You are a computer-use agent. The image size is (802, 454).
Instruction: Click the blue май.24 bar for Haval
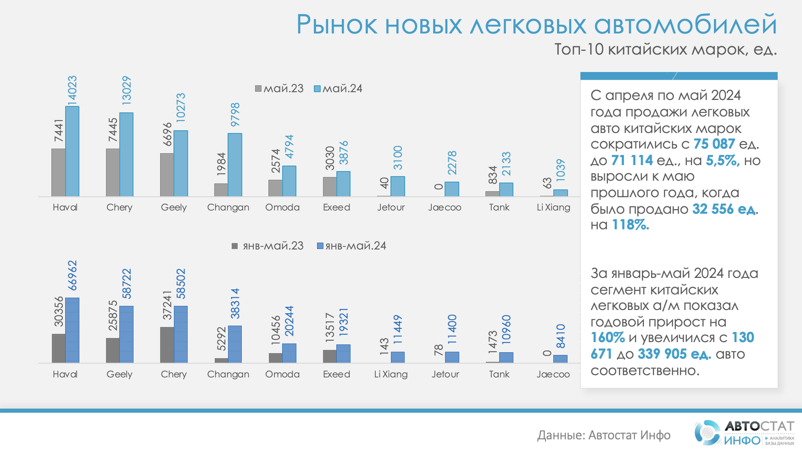pos(72,151)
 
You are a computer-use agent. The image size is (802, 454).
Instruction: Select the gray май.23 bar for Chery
pos(112,172)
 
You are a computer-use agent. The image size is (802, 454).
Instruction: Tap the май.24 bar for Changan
pos(235,165)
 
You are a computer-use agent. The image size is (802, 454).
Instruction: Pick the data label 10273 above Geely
pos(181,107)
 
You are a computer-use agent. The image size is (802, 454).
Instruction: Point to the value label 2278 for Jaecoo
pos(452,162)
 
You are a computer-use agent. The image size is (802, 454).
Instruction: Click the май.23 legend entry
pos(279,89)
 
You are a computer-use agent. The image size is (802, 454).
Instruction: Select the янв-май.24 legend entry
pos(351,246)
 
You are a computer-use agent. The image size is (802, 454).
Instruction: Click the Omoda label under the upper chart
pos(282,207)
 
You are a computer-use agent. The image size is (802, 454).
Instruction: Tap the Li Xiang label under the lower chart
pos(390,374)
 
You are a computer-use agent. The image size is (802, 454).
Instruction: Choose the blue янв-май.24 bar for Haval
pos(72,330)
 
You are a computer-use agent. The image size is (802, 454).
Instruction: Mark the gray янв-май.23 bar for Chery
pos(167,345)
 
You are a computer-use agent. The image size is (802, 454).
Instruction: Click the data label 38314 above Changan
pos(235,304)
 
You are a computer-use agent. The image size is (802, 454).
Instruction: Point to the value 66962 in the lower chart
pos(72,276)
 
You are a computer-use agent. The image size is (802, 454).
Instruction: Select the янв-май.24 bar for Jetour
pos(452,357)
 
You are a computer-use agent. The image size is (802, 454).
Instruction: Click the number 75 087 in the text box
pos(714,144)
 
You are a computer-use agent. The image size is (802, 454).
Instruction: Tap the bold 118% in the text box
pos(630,225)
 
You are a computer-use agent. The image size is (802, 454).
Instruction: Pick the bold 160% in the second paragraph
pos(607,338)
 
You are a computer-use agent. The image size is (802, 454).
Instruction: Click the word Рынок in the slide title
pos(337,25)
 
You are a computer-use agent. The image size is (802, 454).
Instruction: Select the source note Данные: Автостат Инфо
pos(603,435)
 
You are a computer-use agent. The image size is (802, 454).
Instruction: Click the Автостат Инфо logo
pos(744,433)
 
